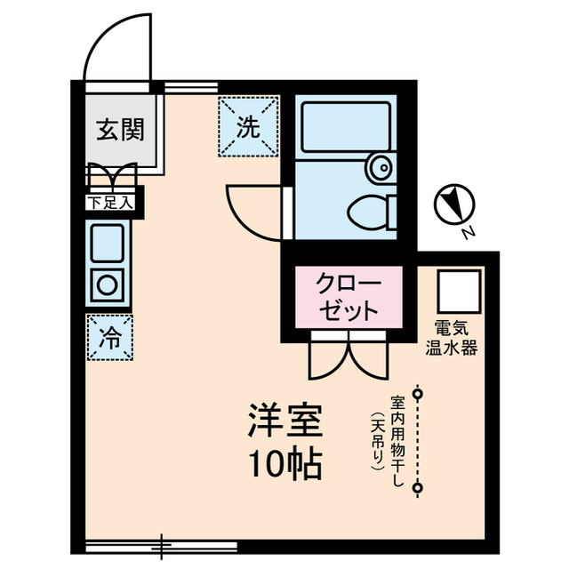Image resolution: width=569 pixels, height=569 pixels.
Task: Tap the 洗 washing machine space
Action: [248, 127]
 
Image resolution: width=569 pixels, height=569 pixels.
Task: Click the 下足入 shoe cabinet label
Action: [109, 203]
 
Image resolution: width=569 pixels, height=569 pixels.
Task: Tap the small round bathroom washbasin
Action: [381, 165]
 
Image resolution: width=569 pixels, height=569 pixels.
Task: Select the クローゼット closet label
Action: [349, 298]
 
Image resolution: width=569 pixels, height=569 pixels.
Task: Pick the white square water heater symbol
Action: [458, 290]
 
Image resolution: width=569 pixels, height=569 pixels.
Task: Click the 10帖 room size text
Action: [284, 465]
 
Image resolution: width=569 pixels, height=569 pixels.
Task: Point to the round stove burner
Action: [108, 285]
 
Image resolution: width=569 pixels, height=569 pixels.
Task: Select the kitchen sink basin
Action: [108, 241]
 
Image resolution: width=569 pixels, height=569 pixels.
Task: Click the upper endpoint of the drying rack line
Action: [418, 391]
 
